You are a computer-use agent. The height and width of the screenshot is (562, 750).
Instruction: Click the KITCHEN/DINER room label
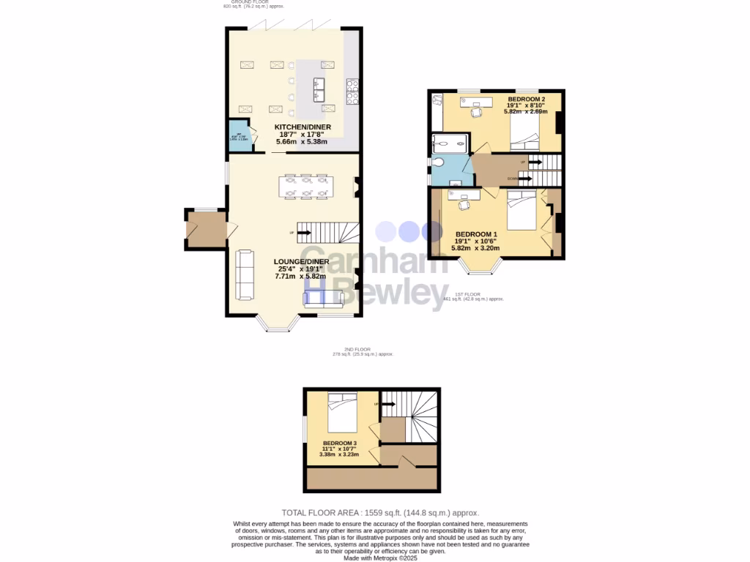click(302, 127)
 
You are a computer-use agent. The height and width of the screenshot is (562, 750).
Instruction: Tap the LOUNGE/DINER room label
click(302, 261)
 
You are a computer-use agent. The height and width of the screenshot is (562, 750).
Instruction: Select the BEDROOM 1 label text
click(475, 234)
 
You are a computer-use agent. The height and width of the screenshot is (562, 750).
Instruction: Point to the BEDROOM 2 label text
click(527, 98)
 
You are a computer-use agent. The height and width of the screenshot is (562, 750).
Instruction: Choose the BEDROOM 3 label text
click(339, 443)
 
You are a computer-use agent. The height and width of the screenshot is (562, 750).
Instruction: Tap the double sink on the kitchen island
click(320, 88)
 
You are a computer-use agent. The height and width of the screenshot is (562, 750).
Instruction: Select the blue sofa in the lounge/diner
click(324, 297)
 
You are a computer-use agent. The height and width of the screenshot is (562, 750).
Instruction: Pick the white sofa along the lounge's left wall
click(244, 274)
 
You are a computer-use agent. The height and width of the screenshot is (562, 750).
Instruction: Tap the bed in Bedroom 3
click(342, 413)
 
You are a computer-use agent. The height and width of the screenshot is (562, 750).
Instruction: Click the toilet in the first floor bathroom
click(439, 162)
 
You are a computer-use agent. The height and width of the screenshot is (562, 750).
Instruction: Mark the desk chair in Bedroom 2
click(477, 111)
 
